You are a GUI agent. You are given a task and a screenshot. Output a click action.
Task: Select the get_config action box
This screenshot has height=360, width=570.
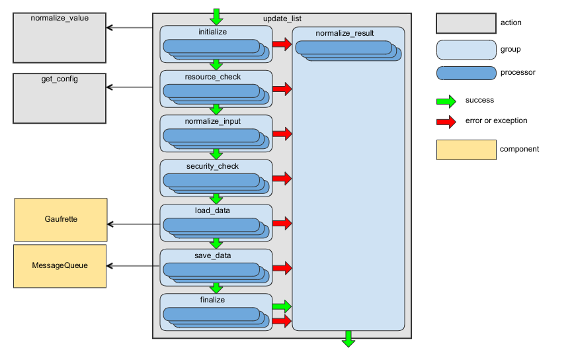[x=60, y=99]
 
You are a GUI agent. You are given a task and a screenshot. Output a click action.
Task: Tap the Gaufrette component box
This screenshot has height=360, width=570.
[x=60, y=219]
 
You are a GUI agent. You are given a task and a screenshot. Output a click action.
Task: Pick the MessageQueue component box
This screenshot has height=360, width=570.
[x=60, y=265]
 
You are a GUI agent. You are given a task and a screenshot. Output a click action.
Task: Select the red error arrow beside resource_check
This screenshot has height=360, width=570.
[x=282, y=89]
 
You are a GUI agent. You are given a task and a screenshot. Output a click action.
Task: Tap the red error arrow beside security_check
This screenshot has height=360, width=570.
[x=282, y=179]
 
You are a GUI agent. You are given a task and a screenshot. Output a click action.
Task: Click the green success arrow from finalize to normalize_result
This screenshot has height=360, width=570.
[x=282, y=306]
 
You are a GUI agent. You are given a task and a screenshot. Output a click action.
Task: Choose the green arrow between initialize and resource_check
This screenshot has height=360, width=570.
[x=216, y=65]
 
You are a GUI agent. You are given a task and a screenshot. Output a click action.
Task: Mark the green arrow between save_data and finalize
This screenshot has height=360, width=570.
[x=216, y=288]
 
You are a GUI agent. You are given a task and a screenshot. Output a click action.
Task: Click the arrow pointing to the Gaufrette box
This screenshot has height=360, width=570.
[x=132, y=224]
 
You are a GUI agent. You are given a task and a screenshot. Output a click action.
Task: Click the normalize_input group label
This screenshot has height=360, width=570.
[x=216, y=122]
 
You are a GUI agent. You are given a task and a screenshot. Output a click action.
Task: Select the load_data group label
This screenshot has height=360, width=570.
[x=216, y=211]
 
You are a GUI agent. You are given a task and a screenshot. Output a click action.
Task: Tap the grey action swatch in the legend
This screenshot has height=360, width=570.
[x=466, y=23]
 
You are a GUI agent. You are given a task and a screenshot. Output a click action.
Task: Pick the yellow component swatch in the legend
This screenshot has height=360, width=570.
[x=466, y=150]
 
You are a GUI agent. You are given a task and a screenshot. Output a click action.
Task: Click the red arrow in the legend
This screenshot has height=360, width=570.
[x=446, y=121]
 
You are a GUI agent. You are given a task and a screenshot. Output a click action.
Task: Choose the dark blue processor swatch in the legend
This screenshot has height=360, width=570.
[x=466, y=73]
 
